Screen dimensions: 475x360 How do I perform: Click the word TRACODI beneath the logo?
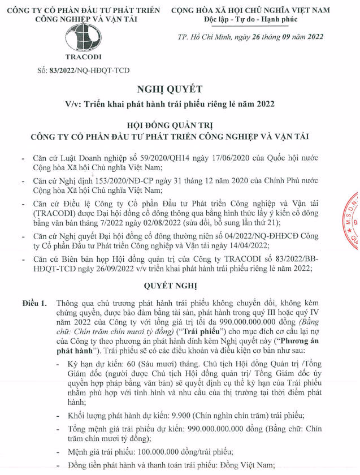pyautogui.click(x=83, y=57)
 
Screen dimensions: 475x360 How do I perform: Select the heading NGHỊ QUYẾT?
pyautogui.click(x=170, y=89)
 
